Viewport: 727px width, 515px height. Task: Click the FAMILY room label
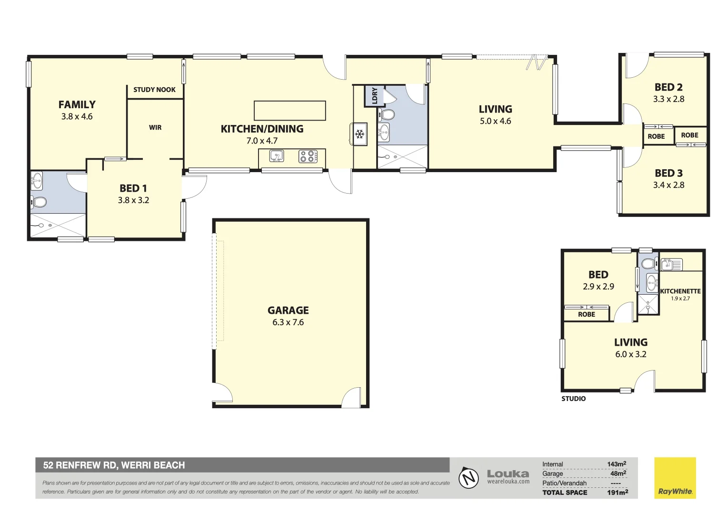click(77, 104)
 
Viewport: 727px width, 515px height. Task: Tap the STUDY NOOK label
click(154, 90)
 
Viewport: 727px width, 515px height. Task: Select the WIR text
click(155, 127)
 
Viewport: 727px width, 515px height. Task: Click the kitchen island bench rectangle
click(289, 111)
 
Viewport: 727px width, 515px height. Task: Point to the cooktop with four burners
click(308, 156)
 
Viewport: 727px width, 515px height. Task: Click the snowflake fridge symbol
click(360, 134)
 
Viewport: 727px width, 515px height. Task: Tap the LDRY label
click(375, 95)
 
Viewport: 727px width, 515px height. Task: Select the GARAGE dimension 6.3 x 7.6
click(288, 322)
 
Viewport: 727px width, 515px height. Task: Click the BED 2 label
click(668, 87)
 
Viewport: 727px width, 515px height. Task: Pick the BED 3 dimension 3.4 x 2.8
click(668, 185)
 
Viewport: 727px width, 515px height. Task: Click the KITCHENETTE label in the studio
click(680, 291)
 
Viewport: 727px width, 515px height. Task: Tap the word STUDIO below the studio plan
click(573, 399)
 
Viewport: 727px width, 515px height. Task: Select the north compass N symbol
click(469, 478)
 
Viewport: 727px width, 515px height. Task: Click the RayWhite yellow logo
click(675, 478)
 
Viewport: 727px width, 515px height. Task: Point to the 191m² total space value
click(617, 492)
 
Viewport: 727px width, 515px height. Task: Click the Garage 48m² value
click(618, 474)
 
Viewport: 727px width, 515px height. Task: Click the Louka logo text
click(508, 474)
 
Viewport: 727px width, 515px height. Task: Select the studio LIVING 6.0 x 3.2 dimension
click(630, 354)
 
